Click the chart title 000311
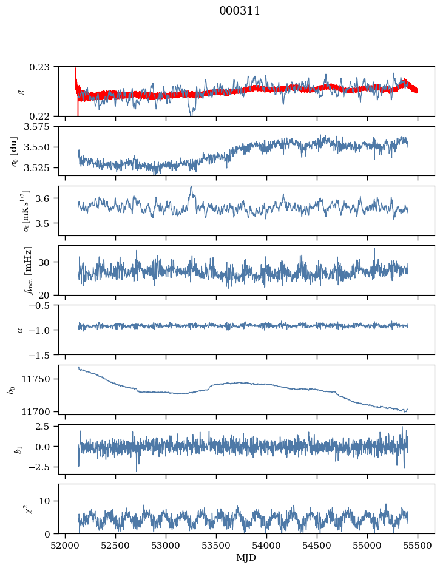click(x=240, y=11)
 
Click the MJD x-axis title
click(x=246, y=558)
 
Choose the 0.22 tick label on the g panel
click(x=44, y=116)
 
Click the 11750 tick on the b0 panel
click(x=40, y=379)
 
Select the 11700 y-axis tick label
click(x=40, y=411)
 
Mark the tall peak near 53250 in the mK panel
click(x=191, y=189)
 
